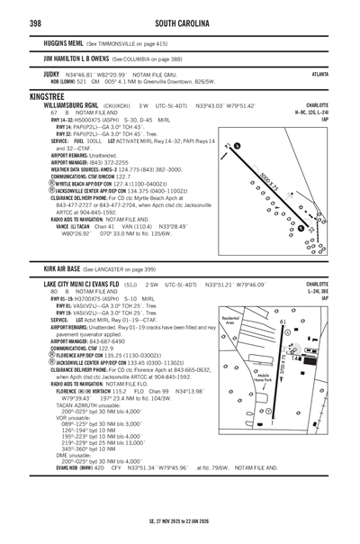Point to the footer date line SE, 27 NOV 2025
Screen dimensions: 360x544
(180, 520)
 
